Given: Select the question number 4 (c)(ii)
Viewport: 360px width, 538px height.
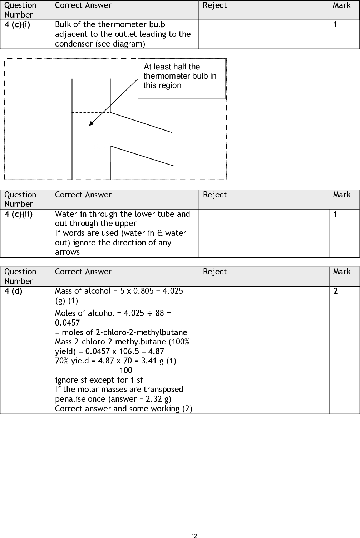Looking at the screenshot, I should point(18,214).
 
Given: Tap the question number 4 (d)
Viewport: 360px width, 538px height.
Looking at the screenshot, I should point(13,291).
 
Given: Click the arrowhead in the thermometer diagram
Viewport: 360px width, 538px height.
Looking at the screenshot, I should point(91,124).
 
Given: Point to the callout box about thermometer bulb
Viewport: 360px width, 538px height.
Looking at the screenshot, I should point(181,78).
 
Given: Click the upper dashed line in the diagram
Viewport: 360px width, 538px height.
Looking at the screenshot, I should point(91,113).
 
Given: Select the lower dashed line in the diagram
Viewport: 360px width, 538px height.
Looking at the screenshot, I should point(91,146).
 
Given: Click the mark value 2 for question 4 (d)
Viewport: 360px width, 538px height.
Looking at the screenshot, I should point(335,291).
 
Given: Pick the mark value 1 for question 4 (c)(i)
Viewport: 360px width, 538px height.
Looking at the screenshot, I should point(335,25).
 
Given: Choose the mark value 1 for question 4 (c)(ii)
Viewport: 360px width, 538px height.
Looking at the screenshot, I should point(335,214).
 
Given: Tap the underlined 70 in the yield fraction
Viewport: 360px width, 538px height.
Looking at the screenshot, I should point(128,361).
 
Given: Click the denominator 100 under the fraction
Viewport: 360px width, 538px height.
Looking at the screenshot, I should point(126,370).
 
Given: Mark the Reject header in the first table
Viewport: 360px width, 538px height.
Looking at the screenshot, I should point(214,5).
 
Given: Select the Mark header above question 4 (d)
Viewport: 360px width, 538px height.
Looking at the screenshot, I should point(342,272).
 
